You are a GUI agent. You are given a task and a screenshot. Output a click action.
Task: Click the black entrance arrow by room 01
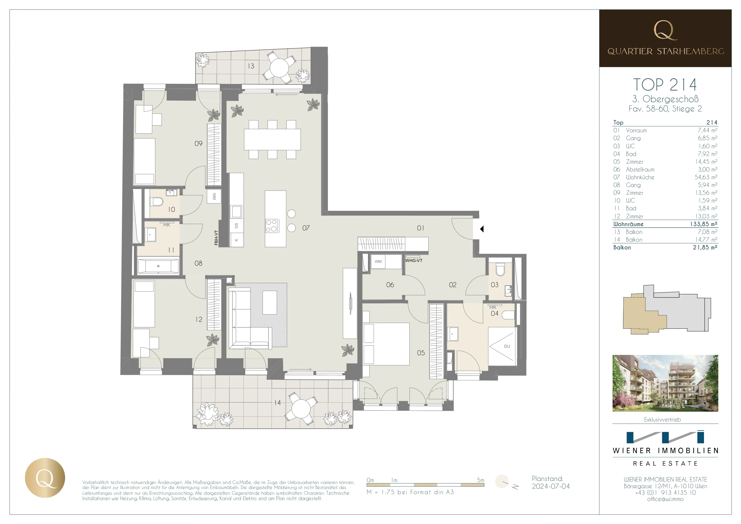tap(482, 229)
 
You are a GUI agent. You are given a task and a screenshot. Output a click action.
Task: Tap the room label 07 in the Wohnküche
tap(306, 228)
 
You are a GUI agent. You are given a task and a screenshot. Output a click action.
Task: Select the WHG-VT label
tap(414, 261)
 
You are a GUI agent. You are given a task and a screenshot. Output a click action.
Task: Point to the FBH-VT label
tap(216, 238)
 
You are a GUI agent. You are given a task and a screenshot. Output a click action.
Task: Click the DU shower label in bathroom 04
tap(507, 347)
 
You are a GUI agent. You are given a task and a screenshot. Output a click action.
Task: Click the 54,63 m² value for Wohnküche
tap(706, 177)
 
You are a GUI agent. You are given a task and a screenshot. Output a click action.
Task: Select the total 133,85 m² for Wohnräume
tap(704, 224)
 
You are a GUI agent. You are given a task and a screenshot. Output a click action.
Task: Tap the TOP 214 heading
tap(665, 85)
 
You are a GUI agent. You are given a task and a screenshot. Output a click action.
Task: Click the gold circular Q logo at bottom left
tap(45, 478)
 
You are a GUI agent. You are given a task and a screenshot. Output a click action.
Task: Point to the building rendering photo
tap(665, 383)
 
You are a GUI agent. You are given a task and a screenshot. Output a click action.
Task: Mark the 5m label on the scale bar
tap(481, 480)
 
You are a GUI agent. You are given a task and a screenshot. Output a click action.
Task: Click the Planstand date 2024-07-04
tap(551, 487)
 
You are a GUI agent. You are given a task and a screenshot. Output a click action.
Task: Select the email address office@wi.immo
tap(665, 499)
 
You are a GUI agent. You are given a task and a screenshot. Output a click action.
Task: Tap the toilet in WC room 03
tap(500, 269)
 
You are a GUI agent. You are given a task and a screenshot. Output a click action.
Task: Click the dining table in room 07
tap(272, 140)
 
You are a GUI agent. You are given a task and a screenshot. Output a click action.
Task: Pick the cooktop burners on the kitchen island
tap(271, 226)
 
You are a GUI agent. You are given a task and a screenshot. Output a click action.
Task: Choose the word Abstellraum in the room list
tap(640, 169)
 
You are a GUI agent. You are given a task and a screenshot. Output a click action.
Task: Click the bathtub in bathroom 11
tap(158, 266)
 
